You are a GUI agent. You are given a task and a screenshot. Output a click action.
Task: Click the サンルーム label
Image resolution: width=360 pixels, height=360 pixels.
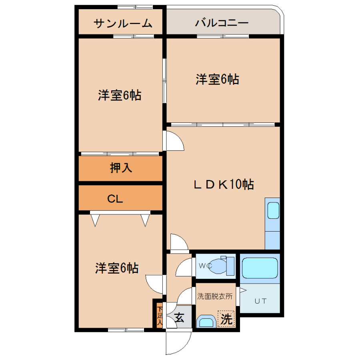tap(123, 24)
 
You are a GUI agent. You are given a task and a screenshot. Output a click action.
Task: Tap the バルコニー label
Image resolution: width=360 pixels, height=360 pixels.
tap(222, 23)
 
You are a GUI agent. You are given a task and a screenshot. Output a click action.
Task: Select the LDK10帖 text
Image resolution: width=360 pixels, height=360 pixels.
tap(224, 184)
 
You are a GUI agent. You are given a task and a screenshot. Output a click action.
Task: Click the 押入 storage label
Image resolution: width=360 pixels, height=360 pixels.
tap(121, 168)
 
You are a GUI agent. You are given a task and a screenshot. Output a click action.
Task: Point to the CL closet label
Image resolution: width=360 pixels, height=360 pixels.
tap(115, 199)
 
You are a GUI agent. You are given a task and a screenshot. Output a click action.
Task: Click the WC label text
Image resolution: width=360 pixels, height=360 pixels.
tap(205, 266)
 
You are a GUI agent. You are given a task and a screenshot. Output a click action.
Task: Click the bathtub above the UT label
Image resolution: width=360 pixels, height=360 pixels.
tap(260, 268)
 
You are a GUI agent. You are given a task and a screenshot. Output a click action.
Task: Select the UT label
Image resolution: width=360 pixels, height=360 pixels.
tap(260, 301)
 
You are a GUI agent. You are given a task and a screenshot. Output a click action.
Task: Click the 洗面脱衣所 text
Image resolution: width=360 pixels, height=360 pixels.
tap(215, 296)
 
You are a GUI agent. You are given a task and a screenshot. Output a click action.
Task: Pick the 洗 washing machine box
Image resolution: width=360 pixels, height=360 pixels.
tap(226, 319)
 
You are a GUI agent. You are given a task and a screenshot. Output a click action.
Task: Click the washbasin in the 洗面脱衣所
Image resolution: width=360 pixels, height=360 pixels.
tap(206, 322)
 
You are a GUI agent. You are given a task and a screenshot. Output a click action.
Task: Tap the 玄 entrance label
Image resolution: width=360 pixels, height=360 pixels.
tap(179, 318)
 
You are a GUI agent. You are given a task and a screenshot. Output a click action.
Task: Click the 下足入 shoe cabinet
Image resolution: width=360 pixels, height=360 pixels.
tap(160, 315)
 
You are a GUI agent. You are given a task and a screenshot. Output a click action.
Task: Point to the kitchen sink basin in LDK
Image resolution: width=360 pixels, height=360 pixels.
tap(273, 210)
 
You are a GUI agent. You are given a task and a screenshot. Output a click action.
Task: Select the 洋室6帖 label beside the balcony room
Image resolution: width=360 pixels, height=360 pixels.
tap(217, 79)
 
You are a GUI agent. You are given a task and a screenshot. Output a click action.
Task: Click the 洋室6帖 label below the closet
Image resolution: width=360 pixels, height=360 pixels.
tap(117, 268)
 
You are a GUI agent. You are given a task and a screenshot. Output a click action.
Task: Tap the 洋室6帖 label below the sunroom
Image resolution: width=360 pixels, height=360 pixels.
tap(119, 95)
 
